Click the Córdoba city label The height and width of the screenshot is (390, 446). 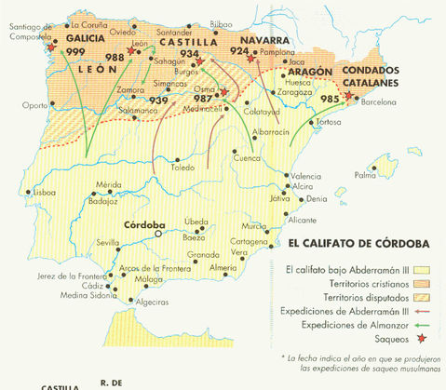(x=144, y=224)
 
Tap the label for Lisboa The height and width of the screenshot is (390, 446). (x=43, y=193)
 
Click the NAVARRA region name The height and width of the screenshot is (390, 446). (x=264, y=41)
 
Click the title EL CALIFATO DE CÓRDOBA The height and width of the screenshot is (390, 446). (x=358, y=243)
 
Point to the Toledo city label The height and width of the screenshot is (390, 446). (x=182, y=168)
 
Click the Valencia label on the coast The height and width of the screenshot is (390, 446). (x=305, y=176)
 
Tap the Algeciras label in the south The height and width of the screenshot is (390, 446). (x=155, y=303)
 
